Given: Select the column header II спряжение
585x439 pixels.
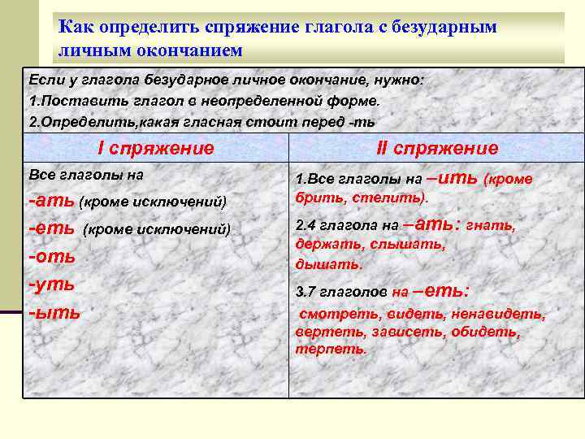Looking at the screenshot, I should (x=437, y=148).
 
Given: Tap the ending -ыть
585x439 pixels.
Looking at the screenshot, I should (x=54, y=311).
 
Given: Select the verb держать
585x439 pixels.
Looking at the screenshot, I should (x=328, y=245).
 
